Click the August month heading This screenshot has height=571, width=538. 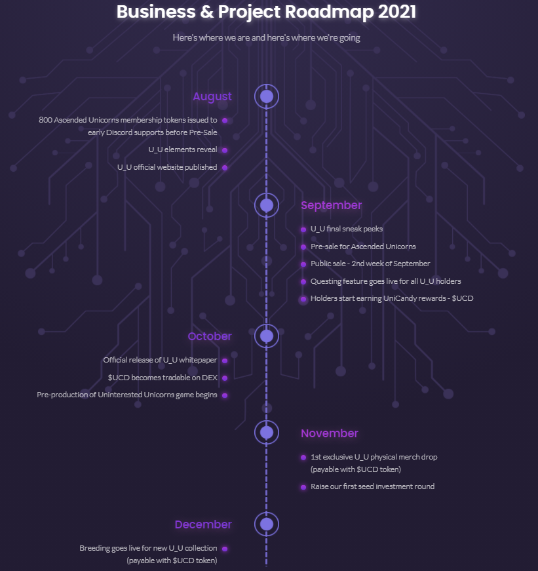click(212, 96)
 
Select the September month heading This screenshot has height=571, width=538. click(331, 205)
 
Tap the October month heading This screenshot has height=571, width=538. click(210, 336)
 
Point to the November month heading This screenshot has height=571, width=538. click(330, 433)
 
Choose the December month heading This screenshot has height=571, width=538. click(203, 524)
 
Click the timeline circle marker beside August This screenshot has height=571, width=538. click(267, 96)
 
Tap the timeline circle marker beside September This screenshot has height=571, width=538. click(267, 205)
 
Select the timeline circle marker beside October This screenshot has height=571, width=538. click(267, 336)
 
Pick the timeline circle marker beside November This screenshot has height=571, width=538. click(267, 433)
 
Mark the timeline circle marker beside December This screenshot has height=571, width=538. click(267, 524)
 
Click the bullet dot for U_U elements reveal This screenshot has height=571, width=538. click(225, 150)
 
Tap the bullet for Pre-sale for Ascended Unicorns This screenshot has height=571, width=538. click(303, 247)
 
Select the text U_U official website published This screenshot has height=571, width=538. click(167, 167)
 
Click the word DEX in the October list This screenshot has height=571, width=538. click(210, 378)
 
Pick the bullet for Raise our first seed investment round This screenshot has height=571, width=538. click(303, 487)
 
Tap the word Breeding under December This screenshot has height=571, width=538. click(92, 549)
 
